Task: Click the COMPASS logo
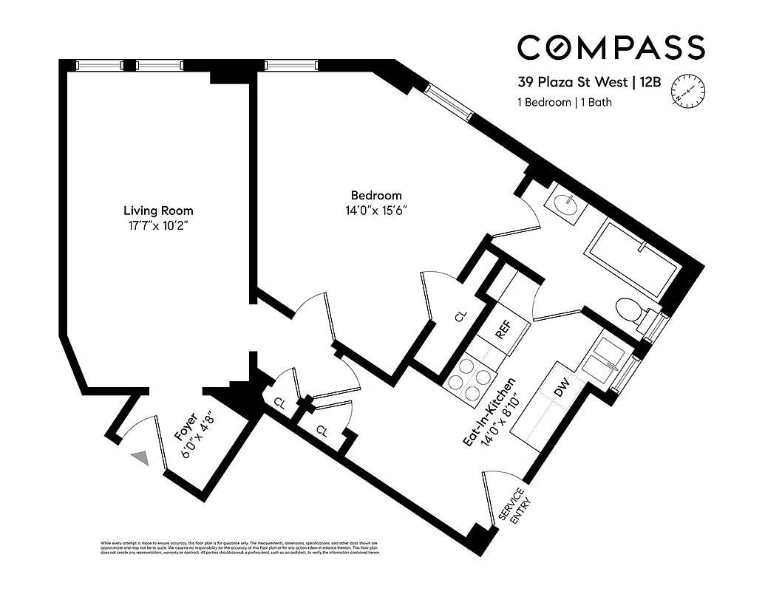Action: (611, 47)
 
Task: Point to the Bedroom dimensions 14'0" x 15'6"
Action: (376, 211)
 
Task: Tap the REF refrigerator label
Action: (503, 330)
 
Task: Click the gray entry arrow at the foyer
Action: (140, 459)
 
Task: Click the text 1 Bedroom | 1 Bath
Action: (565, 103)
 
